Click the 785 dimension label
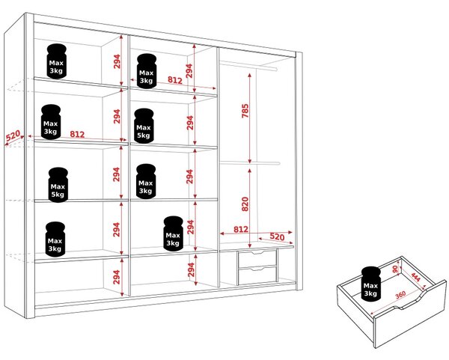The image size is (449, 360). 245,111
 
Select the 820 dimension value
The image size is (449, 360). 245,204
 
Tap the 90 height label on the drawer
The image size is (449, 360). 395,269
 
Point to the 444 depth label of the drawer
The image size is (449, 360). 416,277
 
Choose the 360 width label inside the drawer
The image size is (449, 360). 400,295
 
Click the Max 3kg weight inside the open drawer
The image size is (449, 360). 371,284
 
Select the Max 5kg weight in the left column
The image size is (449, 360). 58,185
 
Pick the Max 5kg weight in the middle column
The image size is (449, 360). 144,126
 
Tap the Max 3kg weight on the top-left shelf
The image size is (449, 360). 56,61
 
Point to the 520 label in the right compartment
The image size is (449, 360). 277,237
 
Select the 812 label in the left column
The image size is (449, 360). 77,134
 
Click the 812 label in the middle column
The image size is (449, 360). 175,80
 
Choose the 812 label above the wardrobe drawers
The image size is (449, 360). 241,229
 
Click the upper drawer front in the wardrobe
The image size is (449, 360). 257,258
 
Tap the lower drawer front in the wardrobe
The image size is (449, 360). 257,275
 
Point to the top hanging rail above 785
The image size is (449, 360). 248,66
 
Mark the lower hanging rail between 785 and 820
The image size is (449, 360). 250,163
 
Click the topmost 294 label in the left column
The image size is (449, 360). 117,61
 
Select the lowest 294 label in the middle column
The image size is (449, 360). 191,269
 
